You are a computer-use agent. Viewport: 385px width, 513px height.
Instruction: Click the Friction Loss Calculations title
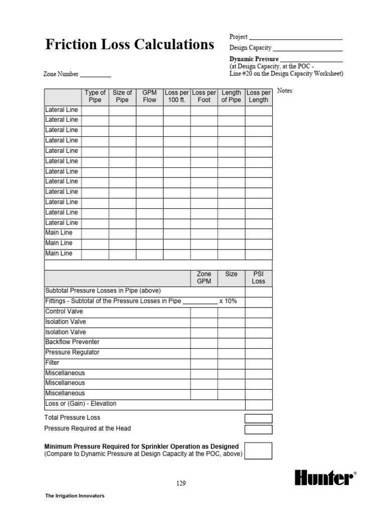129,45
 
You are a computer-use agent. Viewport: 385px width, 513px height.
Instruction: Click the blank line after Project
296,38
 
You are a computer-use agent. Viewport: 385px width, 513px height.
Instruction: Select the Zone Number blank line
96,76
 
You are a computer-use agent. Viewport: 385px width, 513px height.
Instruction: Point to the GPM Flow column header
149,96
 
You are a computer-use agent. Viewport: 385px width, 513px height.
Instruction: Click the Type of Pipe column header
95,96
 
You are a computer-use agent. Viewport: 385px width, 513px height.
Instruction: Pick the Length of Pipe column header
231,96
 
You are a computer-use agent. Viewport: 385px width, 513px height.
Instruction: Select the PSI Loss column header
258,278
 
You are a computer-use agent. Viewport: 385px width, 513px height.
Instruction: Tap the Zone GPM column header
204,278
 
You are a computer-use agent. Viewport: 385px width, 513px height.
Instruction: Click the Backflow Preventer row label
72,342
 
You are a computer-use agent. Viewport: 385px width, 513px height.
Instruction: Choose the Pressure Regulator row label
72,352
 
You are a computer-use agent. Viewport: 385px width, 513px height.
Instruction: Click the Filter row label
52,363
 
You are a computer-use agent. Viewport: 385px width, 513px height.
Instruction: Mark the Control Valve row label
64,312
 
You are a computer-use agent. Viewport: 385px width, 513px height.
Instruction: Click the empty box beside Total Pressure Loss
258,418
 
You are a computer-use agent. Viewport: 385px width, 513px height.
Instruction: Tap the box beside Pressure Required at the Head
258,429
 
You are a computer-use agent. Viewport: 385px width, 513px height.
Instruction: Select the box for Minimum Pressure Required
258,450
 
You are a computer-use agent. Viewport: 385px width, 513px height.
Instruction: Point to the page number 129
181,483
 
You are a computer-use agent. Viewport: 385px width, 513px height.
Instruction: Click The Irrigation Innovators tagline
75,496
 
